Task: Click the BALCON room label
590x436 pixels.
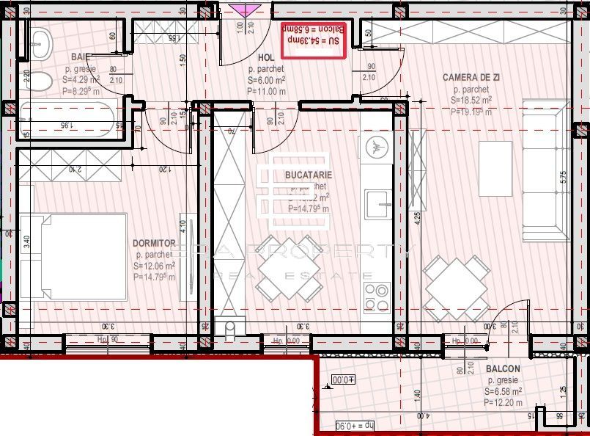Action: [503, 368]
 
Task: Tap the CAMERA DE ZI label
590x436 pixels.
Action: [472, 77]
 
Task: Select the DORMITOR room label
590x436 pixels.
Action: [154, 242]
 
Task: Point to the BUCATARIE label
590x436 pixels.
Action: [309, 175]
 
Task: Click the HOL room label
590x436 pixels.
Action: [266, 57]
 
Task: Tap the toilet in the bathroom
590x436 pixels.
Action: [41, 81]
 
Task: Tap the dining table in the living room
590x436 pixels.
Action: [457, 287]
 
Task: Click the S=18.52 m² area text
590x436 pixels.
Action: [472, 101]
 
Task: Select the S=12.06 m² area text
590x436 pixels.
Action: [155, 266]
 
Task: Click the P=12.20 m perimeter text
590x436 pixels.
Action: [503, 402]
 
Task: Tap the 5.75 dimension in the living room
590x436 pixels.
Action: [563, 177]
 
